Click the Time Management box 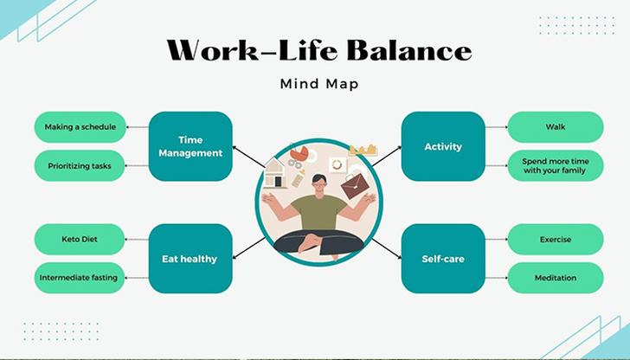[190, 146]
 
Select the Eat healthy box [190, 259]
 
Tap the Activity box [443, 146]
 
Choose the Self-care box [443, 259]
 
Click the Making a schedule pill [80, 127]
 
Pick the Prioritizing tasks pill [80, 166]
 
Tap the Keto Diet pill [80, 240]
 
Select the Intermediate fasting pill [80, 278]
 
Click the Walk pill [556, 127]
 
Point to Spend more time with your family [556, 166]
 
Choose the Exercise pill [556, 240]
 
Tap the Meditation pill [556, 278]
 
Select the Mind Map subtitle [319, 84]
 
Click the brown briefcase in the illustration [355, 186]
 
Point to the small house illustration [275, 173]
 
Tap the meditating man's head [319, 184]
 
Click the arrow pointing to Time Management [248, 157]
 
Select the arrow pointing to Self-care [387, 248]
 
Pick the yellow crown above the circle [363, 150]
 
